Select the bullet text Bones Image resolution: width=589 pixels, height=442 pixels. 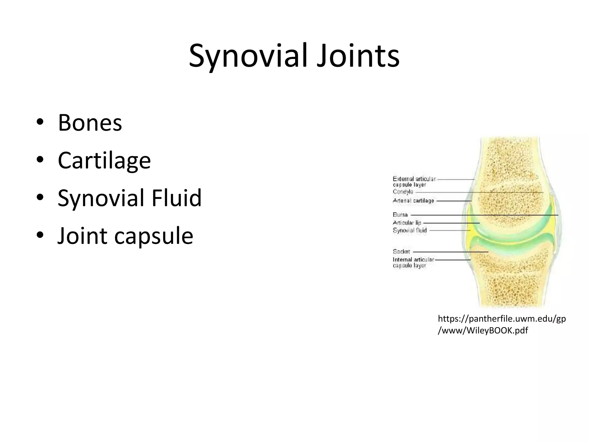click(90, 123)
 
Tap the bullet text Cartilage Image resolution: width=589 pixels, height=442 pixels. click(104, 160)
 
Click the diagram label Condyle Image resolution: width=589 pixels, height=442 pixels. click(403, 192)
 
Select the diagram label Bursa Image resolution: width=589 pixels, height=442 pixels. click(400, 215)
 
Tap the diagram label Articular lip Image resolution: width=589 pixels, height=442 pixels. click(407, 222)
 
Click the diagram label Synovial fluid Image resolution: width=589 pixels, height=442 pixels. click(410, 230)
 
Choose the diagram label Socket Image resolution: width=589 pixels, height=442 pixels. click(401, 252)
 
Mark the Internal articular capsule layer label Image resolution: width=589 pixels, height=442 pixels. click(413, 262)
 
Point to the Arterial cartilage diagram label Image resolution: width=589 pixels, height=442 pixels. click(413, 201)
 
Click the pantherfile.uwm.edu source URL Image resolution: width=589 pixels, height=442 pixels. click(502, 319)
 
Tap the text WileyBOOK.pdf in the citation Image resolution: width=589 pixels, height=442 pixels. click(497, 330)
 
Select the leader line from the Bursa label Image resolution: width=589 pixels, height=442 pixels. click(483, 215)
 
